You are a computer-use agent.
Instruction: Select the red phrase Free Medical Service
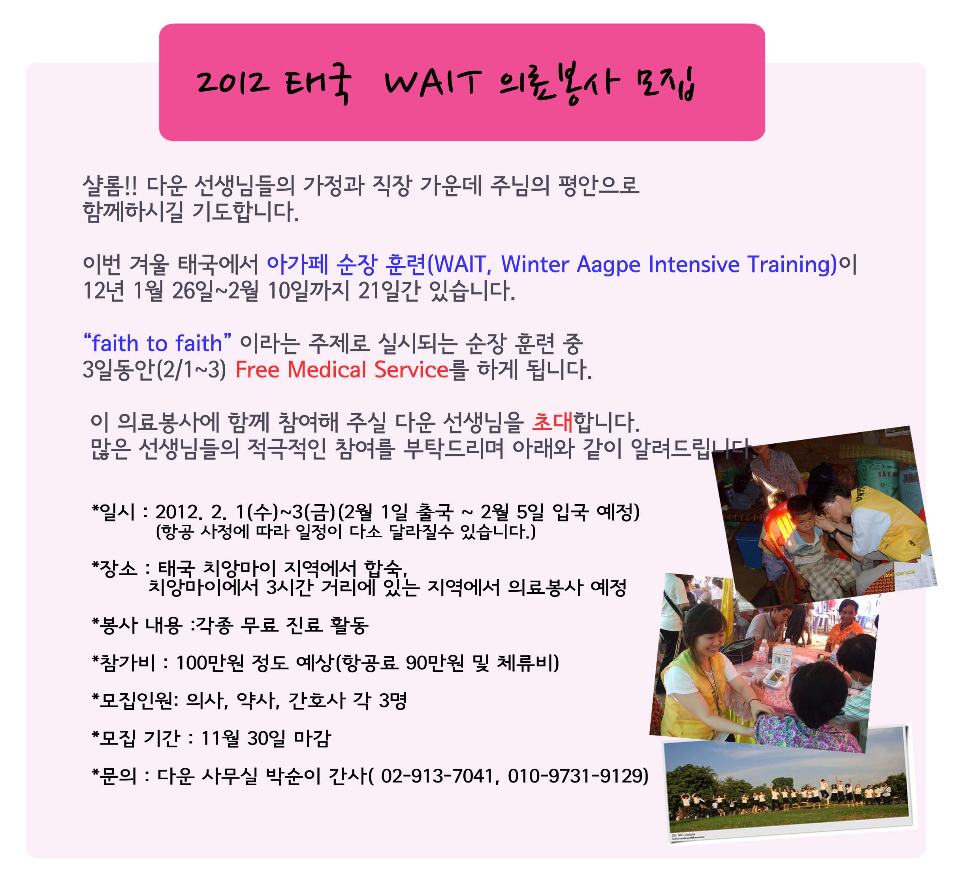pos(342,370)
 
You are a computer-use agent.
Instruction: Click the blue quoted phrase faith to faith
pos(157,343)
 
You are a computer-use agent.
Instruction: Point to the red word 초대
pos(552,422)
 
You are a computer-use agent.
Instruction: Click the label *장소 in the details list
pos(115,568)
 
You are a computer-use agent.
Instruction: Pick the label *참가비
pos(123,663)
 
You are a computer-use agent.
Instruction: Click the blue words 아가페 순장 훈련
pos(346,265)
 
